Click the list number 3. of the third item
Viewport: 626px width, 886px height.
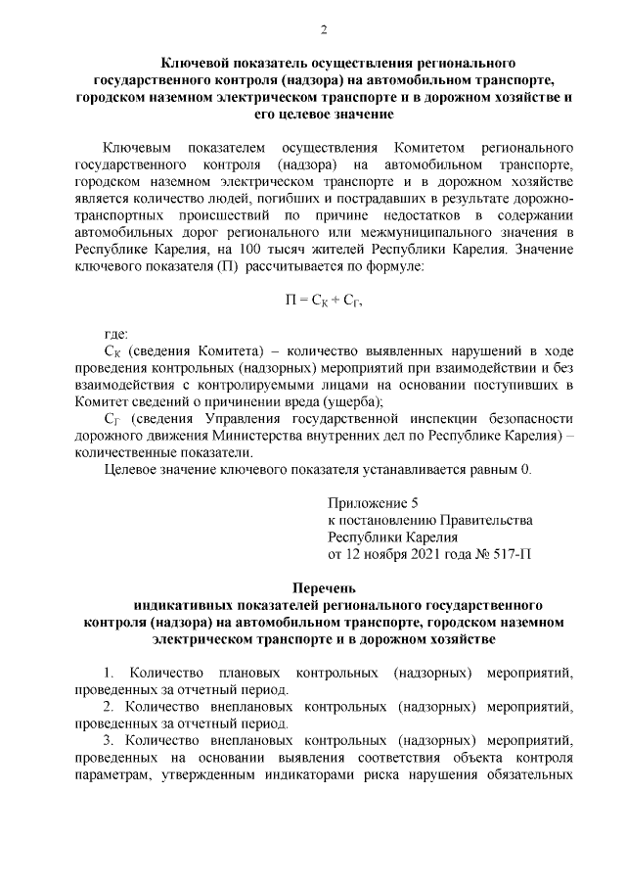coord(107,741)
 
